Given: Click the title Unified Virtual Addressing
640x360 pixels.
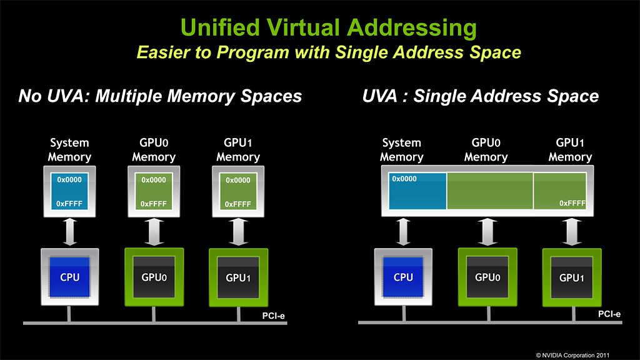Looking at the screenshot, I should [x=328, y=28].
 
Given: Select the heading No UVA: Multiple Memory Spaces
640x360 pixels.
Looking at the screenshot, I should [x=160, y=96].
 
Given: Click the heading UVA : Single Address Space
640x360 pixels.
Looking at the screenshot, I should [x=480, y=96].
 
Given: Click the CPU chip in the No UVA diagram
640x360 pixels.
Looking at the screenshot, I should [x=69, y=277].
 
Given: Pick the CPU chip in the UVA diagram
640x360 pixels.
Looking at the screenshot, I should [x=403, y=277].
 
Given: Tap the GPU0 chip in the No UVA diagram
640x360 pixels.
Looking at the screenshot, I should [x=154, y=277].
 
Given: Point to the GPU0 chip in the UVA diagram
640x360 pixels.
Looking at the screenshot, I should [x=487, y=277].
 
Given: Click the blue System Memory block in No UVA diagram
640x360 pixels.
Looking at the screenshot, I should [x=69, y=191].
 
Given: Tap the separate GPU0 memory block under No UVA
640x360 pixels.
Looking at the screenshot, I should [x=153, y=191].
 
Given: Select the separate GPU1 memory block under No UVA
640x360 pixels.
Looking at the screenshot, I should [x=237, y=191].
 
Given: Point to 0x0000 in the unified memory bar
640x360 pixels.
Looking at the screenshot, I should [x=404, y=179].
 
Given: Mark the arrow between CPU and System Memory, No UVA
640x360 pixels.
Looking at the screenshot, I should [x=70, y=232].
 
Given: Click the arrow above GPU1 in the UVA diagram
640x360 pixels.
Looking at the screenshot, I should [x=571, y=232].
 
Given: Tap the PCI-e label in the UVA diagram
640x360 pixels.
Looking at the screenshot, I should [x=609, y=314].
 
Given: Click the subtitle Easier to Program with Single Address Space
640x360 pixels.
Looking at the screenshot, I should [x=329, y=52].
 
